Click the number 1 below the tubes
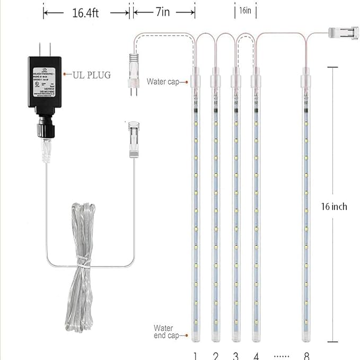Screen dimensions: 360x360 (x=195, y=355)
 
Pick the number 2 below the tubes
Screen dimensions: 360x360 (x=215, y=355)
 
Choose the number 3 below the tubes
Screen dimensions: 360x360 (x=235, y=355)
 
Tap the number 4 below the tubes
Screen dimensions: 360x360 (x=256, y=355)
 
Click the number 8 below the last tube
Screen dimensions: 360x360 (x=306, y=355)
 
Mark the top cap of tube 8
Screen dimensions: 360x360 (x=306, y=81)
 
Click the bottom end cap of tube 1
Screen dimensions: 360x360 (x=195, y=336)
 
